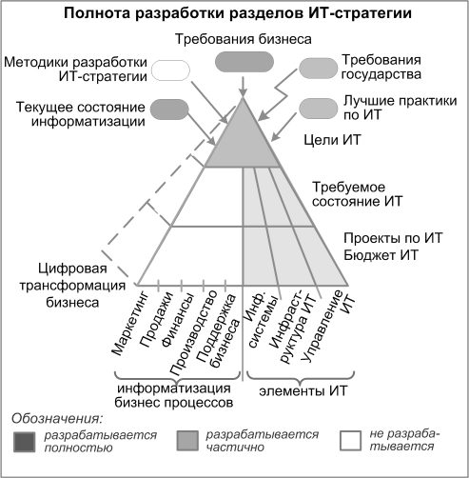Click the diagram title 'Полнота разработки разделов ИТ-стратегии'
click(x=238, y=13)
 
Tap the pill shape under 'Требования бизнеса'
click(x=244, y=62)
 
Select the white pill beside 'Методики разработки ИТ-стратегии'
click(x=170, y=70)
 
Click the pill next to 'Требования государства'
click(x=318, y=69)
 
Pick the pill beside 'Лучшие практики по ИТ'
click(x=318, y=109)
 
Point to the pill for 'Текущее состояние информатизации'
click(x=169, y=110)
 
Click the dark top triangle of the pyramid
click(x=243, y=140)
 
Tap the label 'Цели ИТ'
click(x=332, y=140)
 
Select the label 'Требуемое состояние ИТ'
click(x=357, y=194)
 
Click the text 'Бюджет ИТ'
click(x=381, y=255)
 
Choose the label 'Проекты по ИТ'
click(x=393, y=238)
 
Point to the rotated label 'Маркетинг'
click(x=130, y=323)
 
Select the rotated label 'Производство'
click(x=193, y=332)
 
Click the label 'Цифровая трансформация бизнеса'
click(x=72, y=286)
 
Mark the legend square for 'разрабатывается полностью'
click(x=25, y=442)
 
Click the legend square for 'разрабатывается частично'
click(x=187, y=441)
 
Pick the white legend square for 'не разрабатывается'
click(x=350, y=441)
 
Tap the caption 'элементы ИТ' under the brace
click(x=303, y=391)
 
